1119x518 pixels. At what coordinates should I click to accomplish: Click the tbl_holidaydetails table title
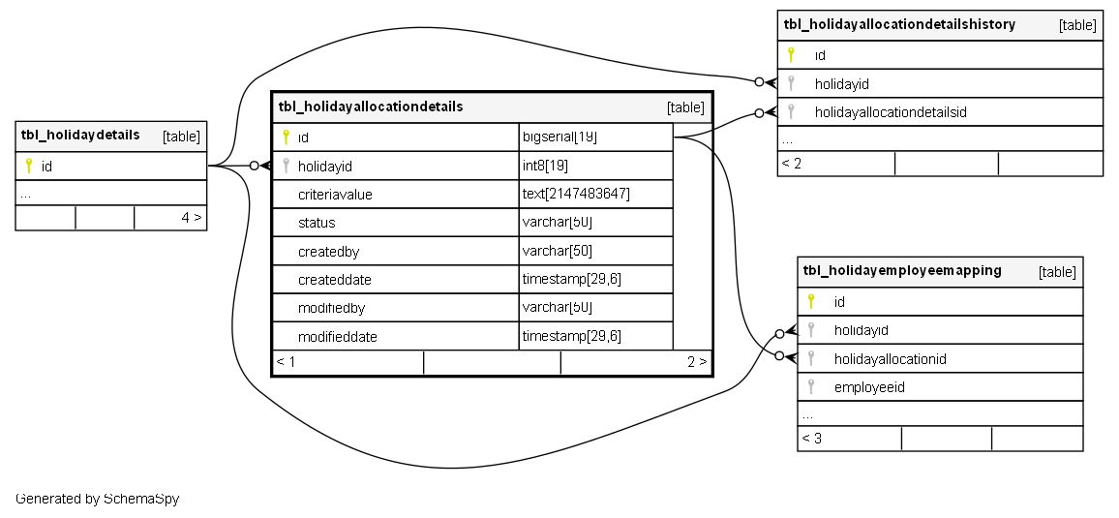pos(80,135)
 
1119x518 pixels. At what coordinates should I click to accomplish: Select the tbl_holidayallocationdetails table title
pos(371,107)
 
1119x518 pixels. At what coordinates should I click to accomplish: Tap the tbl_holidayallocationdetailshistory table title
pos(899,24)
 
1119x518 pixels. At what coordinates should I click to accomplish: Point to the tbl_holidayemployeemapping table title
pos(902,271)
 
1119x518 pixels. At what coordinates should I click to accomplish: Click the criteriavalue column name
pos(335,195)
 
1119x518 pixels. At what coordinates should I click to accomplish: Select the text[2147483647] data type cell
pos(576,195)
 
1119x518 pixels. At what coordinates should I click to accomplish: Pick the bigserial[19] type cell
pos(559,137)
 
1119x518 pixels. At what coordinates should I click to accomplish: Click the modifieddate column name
pos(338,337)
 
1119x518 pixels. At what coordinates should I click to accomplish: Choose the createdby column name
pos(329,252)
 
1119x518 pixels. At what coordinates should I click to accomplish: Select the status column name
pos(317,223)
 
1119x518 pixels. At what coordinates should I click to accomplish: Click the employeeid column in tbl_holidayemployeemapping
pos(869,387)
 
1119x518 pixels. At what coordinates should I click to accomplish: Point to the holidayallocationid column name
pos(890,359)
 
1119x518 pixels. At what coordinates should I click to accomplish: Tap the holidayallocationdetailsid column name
pos(891,112)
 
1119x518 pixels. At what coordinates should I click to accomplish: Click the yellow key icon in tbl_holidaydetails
pos(29,166)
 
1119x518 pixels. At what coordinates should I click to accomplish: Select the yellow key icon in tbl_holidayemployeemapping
pos(811,301)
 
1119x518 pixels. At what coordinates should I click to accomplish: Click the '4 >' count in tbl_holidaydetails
pos(192,218)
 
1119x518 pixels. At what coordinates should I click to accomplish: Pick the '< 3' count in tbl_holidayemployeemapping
pos(811,439)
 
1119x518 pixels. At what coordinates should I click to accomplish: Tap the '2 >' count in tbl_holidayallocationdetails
pos(697,362)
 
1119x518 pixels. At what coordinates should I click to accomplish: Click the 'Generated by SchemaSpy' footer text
pos(98,499)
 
